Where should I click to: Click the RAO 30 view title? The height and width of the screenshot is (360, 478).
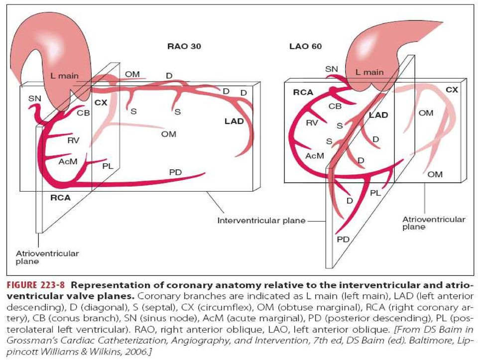click(x=184, y=46)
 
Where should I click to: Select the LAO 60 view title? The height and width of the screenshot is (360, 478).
click(x=305, y=46)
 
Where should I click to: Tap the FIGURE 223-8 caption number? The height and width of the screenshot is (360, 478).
click(x=36, y=285)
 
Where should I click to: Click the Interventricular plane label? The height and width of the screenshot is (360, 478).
click(x=261, y=221)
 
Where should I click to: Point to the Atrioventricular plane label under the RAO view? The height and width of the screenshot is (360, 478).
click(x=47, y=257)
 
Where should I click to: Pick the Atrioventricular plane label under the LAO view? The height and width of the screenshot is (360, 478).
click(x=434, y=223)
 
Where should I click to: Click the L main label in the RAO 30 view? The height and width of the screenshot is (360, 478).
click(x=64, y=76)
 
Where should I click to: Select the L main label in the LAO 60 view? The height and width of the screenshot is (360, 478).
click(x=369, y=72)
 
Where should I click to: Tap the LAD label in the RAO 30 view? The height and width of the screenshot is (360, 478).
click(x=234, y=121)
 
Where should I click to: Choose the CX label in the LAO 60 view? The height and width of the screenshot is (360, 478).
click(x=452, y=90)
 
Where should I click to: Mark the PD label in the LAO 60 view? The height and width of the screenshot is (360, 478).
click(x=343, y=240)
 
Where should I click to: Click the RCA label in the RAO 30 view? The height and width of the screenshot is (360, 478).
click(x=60, y=198)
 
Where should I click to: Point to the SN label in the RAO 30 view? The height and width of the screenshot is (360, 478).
click(x=34, y=99)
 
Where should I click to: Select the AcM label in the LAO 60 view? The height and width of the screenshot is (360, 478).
click(x=315, y=156)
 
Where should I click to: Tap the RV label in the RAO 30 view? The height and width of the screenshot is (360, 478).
click(x=74, y=140)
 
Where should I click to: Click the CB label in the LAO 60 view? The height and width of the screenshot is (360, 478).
click(x=335, y=107)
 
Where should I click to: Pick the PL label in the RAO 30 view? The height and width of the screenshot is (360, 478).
click(x=108, y=166)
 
